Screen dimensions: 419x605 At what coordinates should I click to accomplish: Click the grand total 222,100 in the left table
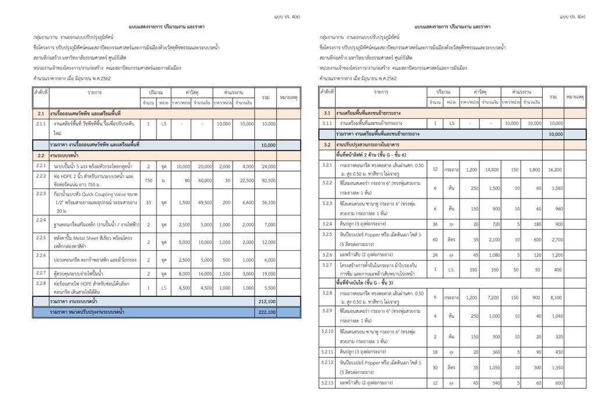point(268,313)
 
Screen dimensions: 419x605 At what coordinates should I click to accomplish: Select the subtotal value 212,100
point(268,301)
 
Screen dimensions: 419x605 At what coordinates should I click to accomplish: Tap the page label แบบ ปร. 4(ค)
point(572,17)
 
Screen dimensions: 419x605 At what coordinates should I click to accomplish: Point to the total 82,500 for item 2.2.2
point(268,181)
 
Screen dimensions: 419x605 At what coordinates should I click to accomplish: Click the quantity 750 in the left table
point(148,181)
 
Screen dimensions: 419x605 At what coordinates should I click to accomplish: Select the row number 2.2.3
point(41,193)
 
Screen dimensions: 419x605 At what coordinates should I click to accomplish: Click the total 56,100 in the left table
point(268,203)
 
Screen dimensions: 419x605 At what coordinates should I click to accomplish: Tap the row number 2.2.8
point(41,283)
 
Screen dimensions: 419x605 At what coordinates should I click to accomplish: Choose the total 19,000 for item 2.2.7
point(268,273)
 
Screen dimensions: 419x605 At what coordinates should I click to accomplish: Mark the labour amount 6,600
point(247,203)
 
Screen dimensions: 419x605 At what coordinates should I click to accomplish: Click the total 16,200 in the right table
point(554,169)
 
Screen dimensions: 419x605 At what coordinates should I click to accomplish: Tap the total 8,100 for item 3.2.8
point(554,297)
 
